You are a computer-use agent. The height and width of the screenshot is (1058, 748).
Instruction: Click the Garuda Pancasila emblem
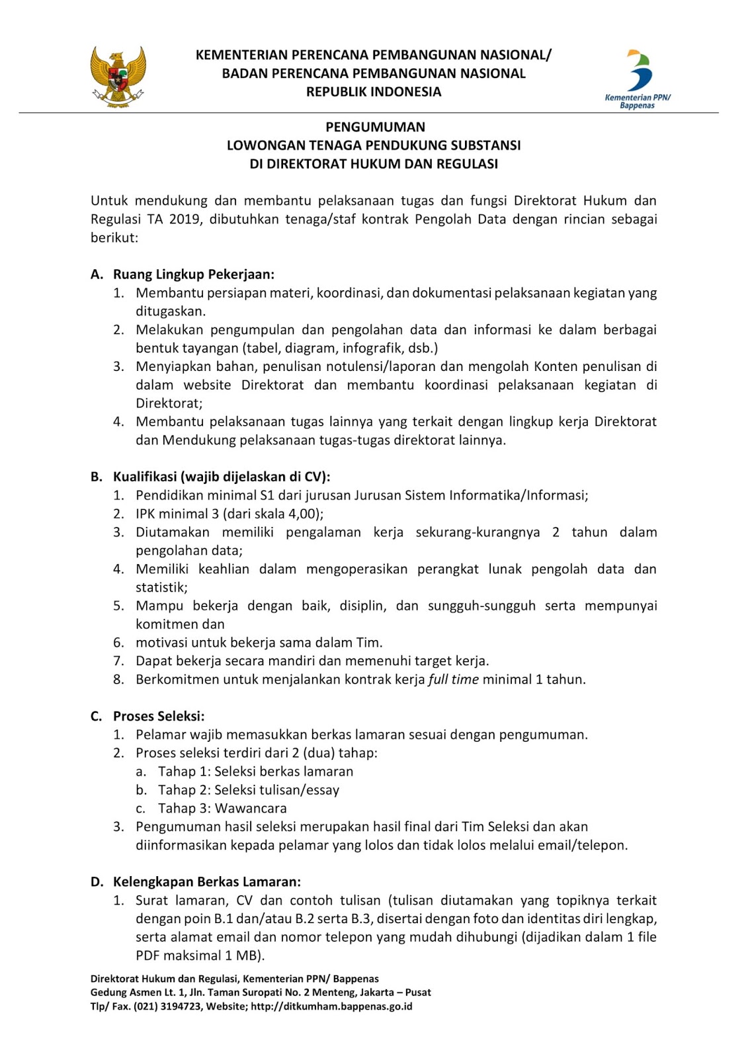click(118, 77)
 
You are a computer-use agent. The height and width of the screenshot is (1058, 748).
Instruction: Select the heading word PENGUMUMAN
click(375, 127)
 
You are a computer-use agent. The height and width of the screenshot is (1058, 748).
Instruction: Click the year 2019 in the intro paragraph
click(185, 220)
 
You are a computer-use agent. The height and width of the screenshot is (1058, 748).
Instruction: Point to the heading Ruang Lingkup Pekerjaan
click(193, 274)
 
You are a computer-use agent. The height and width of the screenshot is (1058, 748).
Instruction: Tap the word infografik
click(379, 348)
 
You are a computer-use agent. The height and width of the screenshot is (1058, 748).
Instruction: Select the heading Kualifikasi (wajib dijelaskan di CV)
click(221, 477)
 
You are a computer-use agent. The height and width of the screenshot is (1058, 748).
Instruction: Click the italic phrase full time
click(453, 680)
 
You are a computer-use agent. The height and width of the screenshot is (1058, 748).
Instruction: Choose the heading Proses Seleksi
click(159, 716)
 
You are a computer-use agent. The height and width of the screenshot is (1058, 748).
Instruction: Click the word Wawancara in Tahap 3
click(251, 809)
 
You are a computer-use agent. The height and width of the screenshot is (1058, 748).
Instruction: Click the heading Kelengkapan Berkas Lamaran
click(206, 882)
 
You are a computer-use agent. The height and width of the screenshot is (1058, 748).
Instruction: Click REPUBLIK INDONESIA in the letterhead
click(374, 92)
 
